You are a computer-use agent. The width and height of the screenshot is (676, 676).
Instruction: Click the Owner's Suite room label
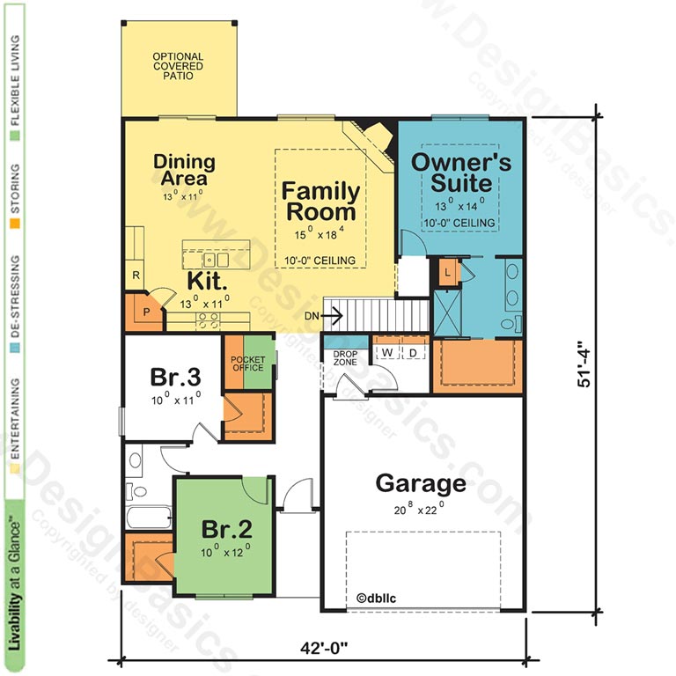click(x=461, y=173)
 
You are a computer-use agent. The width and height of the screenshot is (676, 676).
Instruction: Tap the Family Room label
click(x=320, y=202)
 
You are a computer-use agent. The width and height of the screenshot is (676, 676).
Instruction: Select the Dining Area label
click(x=185, y=170)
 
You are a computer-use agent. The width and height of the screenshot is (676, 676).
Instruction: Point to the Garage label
click(x=421, y=483)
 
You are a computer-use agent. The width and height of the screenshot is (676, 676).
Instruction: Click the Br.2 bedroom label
click(x=227, y=529)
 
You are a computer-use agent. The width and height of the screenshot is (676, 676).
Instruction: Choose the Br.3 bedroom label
click(x=175, y=377)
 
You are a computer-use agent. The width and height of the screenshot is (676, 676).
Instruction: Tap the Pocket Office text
click(x=248, y=364)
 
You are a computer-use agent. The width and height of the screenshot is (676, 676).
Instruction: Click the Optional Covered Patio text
click(x=178, y=66)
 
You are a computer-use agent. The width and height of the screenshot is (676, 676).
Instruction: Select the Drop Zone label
click(x=345, y=358)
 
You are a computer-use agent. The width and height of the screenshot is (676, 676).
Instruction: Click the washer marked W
click(x=387, y=352)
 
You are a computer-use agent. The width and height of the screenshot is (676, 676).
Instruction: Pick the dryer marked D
click(x=413, y=353)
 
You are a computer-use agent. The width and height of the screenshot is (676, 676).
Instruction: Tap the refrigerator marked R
click(x=136, y=275)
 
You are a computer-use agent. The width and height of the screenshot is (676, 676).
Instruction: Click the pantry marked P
click(x=146, y=312)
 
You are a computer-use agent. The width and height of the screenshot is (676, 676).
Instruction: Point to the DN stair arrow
click(x=331, y=316)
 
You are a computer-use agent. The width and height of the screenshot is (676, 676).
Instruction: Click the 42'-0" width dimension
click(x=324, y=648)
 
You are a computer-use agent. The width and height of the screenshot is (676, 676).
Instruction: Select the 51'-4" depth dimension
click(x=584, y=364)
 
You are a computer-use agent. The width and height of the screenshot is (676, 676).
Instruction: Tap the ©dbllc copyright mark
click(x=376, y=598)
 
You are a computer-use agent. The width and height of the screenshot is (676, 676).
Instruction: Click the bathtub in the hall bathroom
click(x=148, y=518)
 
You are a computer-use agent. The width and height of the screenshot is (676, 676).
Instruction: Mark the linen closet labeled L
click(x=447, y=273)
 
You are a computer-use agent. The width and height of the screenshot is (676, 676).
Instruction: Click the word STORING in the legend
click(x=15, y=189)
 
